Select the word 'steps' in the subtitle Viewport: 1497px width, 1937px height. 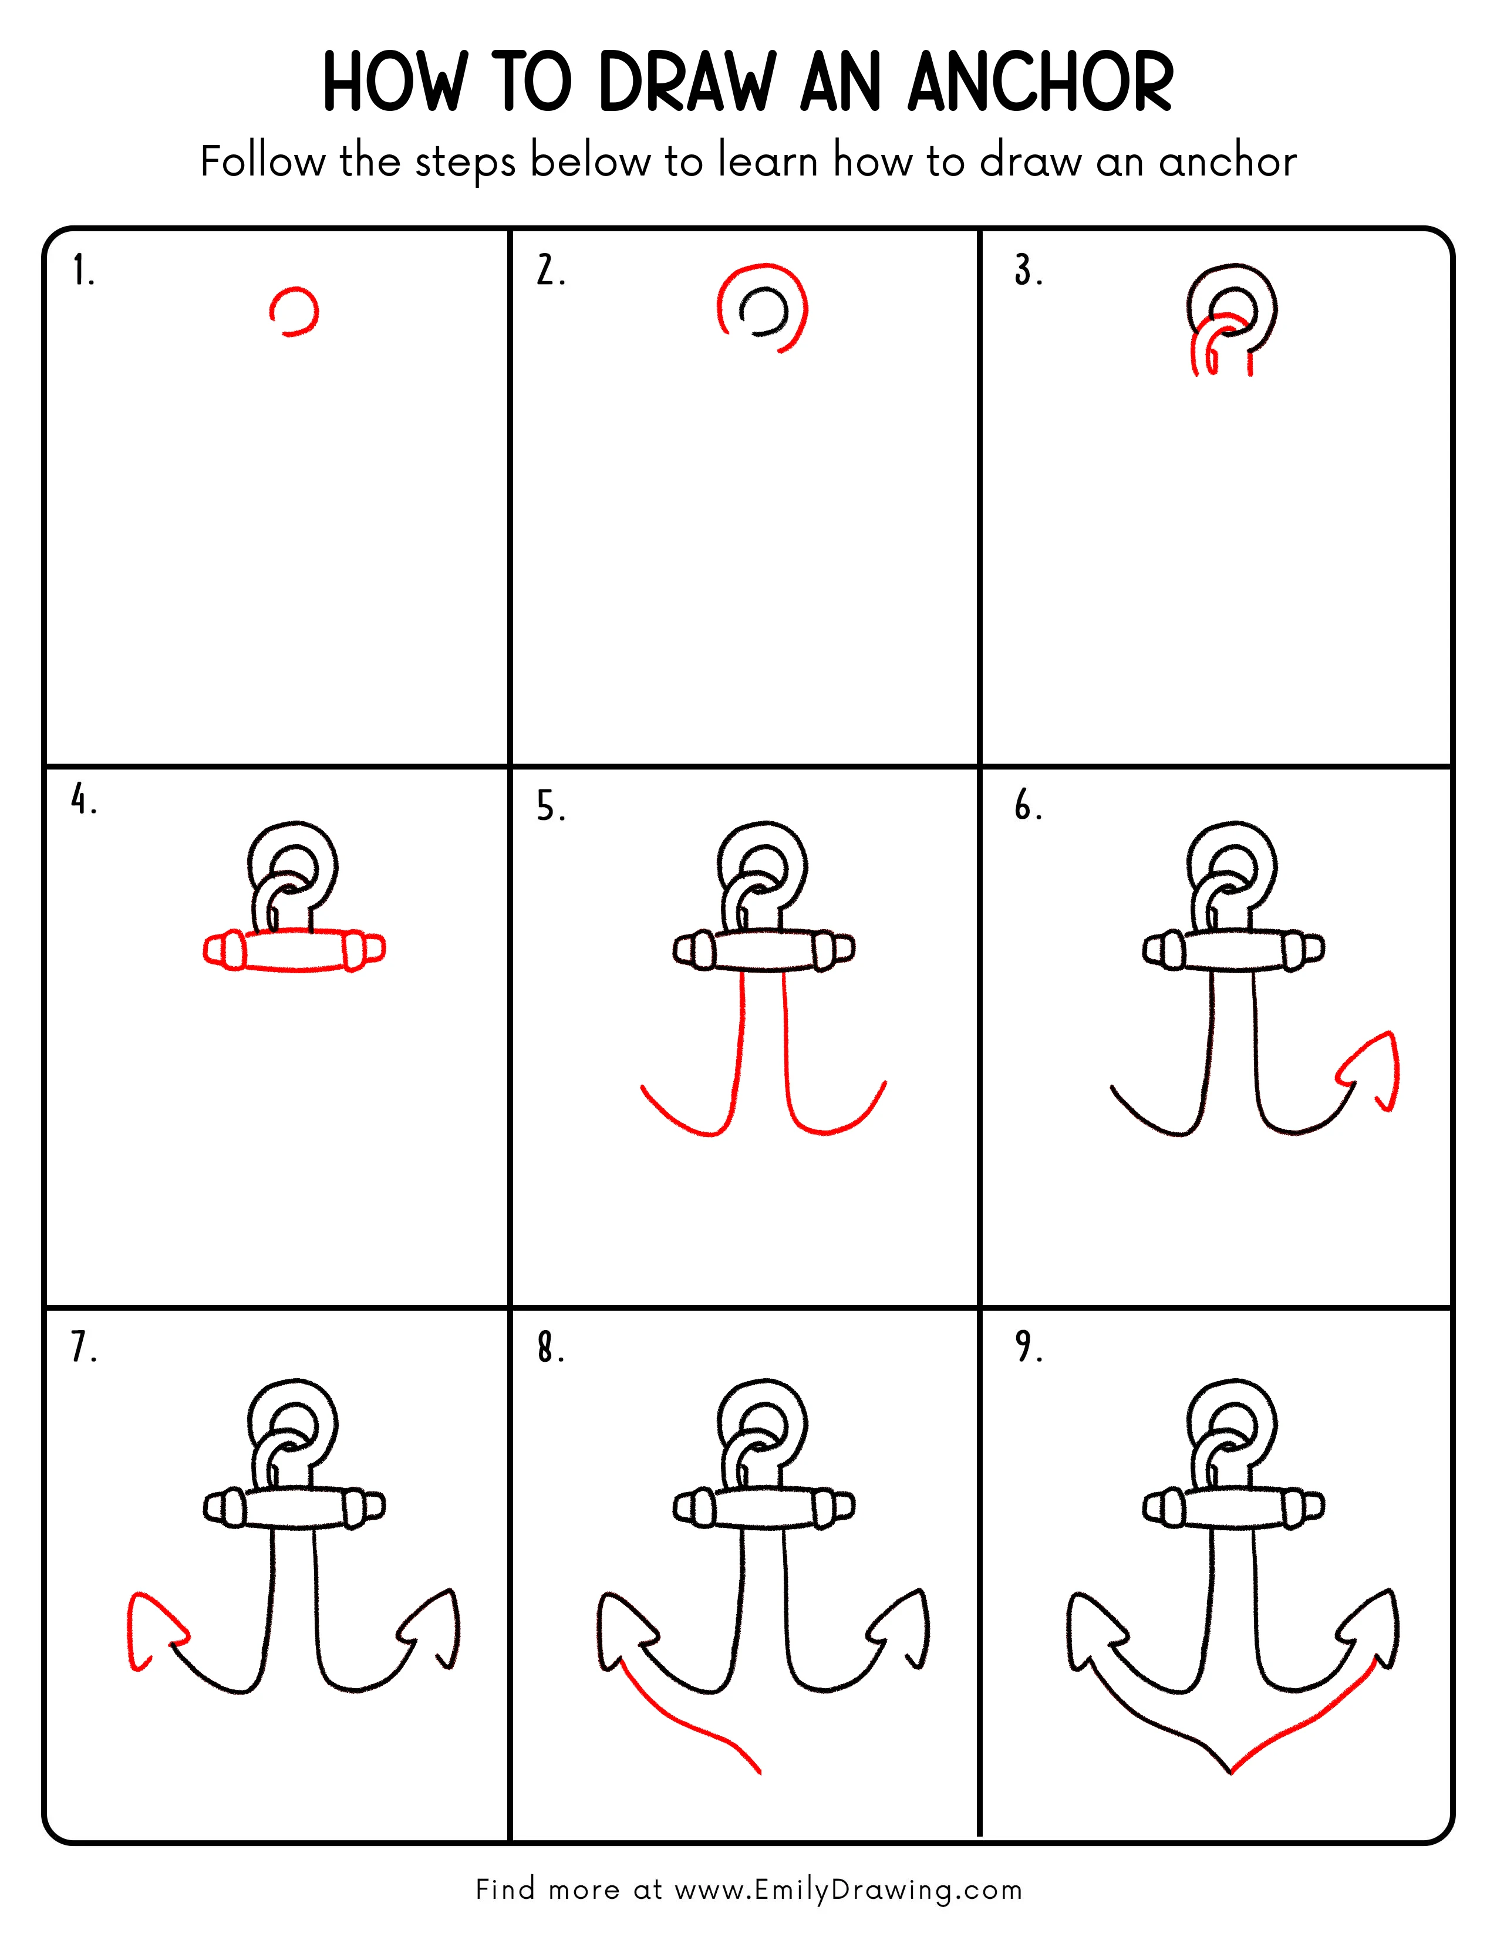click(x=465, y=163)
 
